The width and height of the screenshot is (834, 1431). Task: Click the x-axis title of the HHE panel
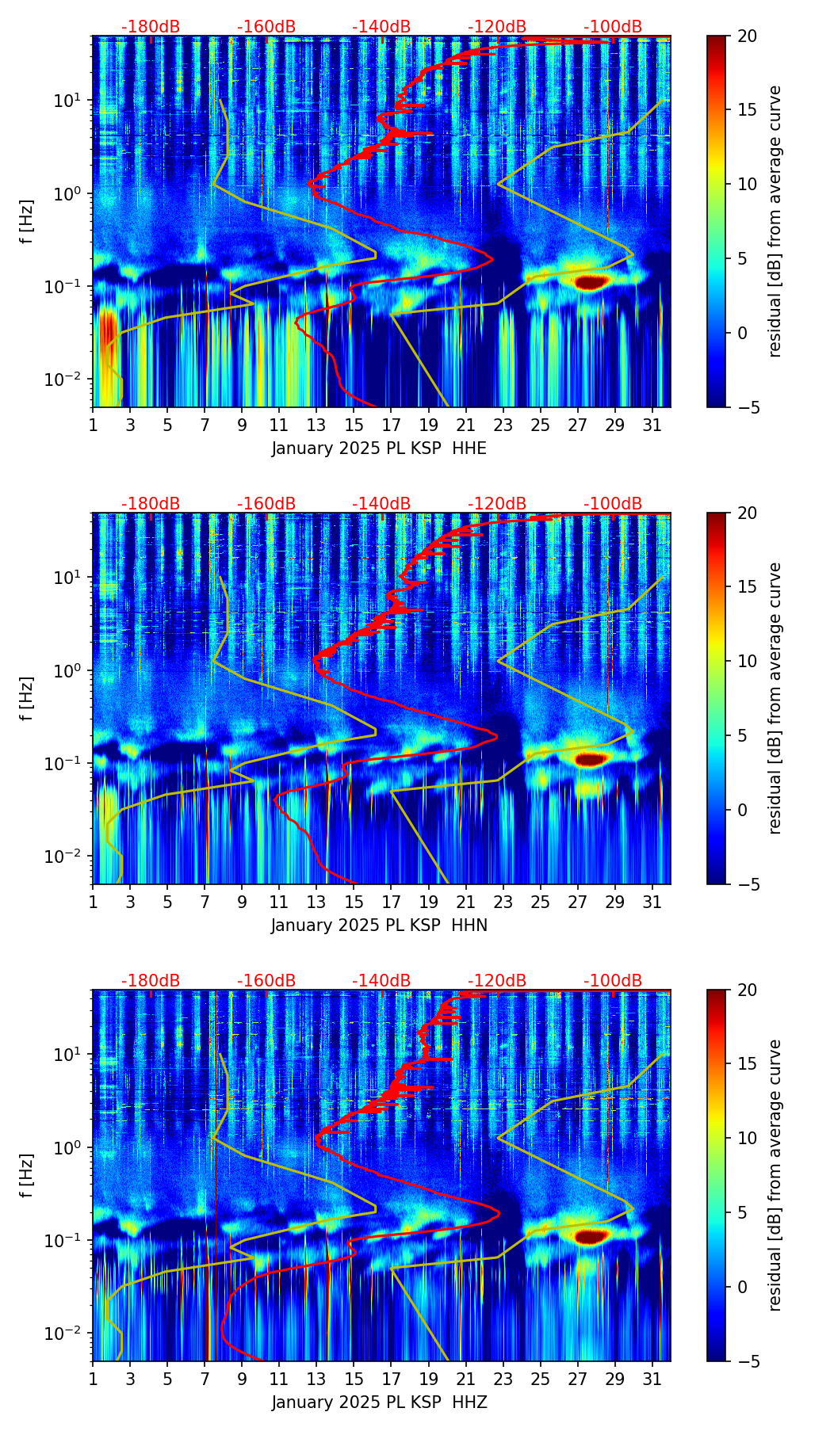tap(379, 448)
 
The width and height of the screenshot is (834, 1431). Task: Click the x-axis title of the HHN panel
tap(379, 925)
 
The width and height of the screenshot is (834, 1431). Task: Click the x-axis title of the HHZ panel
tap(379, 1402)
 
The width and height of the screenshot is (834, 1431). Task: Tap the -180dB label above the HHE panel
tap(151, 27)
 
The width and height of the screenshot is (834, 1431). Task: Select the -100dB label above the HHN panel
tap(613, 504)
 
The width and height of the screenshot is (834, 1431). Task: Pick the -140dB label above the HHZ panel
tap(381, 981)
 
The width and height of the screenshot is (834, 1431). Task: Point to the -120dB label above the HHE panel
tap(497, 27)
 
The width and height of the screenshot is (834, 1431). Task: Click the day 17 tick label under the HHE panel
tap(392, 425)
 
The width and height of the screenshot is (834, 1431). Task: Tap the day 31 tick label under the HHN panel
tap(652, 902)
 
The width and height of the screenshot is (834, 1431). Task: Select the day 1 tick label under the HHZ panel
tap(93, 1379)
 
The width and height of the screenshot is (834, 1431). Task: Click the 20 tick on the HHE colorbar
tap(748, 36)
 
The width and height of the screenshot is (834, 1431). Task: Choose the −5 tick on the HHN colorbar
tap(746, 884)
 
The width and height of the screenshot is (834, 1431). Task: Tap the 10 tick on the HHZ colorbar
tap(748, 1138)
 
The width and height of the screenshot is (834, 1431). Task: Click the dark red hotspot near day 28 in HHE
tap(591, 281)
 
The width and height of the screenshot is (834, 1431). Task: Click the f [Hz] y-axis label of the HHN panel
tap(27, 698)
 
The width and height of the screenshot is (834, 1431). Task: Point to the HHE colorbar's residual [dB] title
tap(775, 221)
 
